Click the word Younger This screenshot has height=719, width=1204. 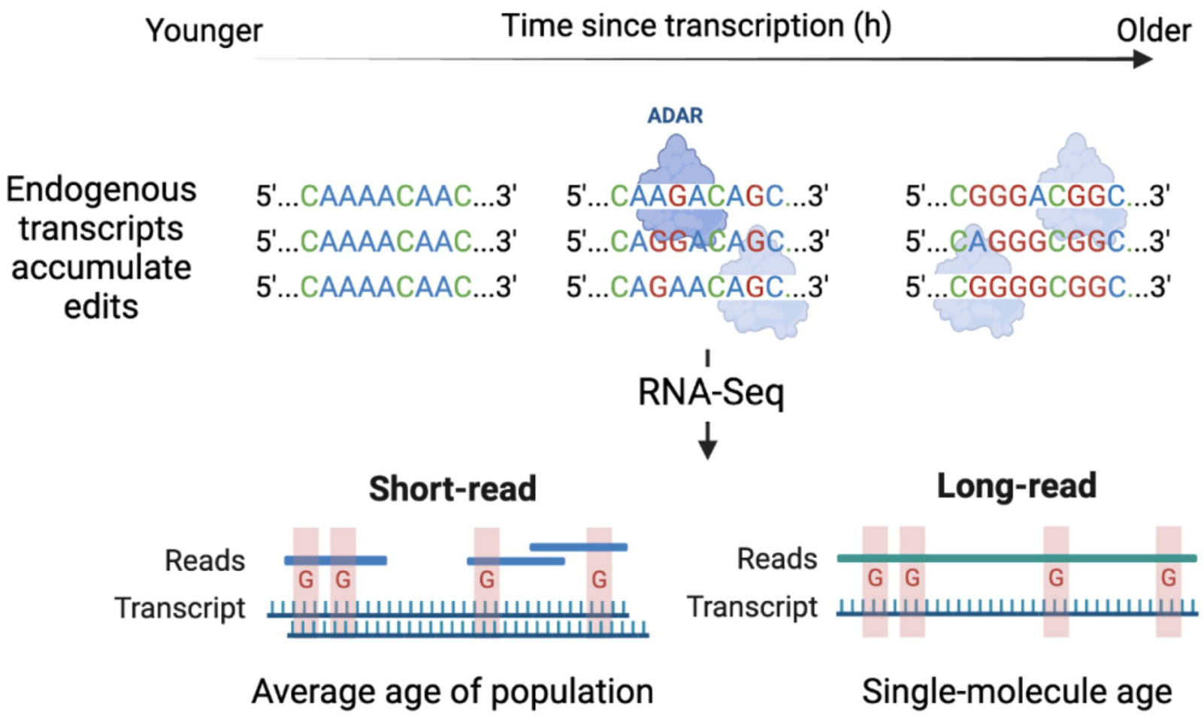[x=204, y=32]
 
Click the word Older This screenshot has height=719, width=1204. [x=1153, y=32]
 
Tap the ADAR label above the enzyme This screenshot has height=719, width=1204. [x=675, y=116]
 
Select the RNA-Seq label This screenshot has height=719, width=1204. [x=710, y=392]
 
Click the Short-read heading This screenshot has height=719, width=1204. [x=452, y=489]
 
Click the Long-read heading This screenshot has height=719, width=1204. [x=1016, y=486]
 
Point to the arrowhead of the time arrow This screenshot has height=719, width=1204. [x=1143, y=59]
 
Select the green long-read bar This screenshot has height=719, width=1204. [x=1016, y=558]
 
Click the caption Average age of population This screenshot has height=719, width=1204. [x=452, y=691]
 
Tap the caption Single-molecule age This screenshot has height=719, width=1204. [x=1016, y=691]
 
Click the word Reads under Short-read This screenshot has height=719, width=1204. [x=204, y=560]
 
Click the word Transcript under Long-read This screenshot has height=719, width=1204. [x=752, y=607]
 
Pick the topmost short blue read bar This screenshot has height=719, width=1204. [x=578, y=547]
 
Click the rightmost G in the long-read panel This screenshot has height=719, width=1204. [x=1168, y=578]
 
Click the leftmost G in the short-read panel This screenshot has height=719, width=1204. [x=306, y=579]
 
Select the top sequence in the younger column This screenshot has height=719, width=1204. [x=386, y=196]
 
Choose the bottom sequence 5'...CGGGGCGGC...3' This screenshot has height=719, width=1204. [x=1037, y=287]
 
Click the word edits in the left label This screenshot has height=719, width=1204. [x=101, y=307]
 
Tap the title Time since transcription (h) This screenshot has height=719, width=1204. [x=696, y=26]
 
